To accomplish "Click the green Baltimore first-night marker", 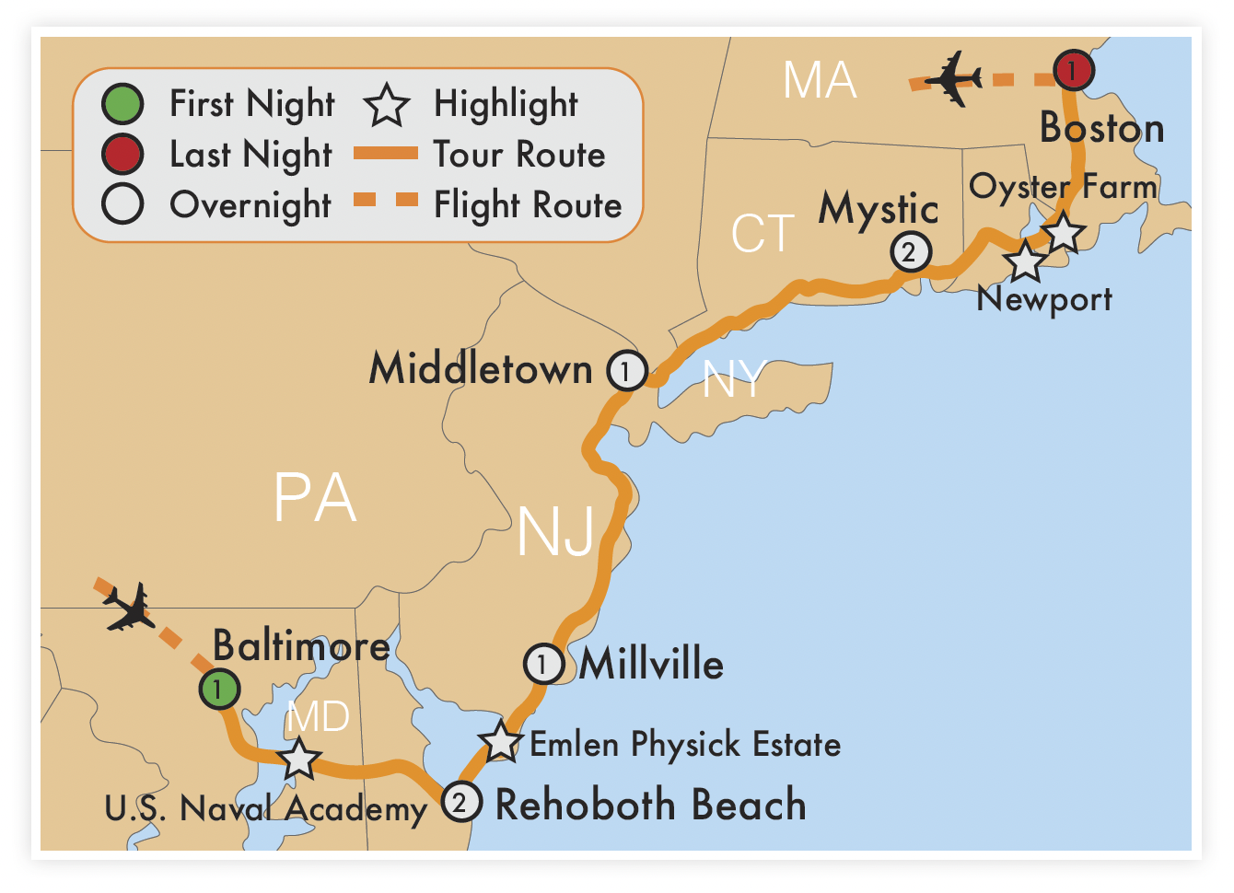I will pos(219,689).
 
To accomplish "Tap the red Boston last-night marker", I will pos(1073,70).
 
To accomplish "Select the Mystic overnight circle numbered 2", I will pos(910,251).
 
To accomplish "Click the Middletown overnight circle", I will pos(626,371).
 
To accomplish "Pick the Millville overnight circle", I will pos(543,664).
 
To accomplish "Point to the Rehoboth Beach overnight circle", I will pos(460,802).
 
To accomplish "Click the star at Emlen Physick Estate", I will pos(501,742).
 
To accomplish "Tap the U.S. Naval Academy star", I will pos(299,760).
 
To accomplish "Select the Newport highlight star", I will pos(1025,261).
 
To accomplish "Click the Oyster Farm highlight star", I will pos(1064,232).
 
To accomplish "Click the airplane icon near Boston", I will pos(953,78).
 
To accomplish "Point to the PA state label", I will pos(315,498).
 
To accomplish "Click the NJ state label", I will pos(555,531).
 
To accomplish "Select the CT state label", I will pos(763,234).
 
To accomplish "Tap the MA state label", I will pos(820,80).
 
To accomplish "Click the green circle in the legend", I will pos(122,104).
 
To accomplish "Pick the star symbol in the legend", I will pos(386,105).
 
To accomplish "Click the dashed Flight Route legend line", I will pos(386,201).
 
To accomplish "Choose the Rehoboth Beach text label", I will pos(650,805).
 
